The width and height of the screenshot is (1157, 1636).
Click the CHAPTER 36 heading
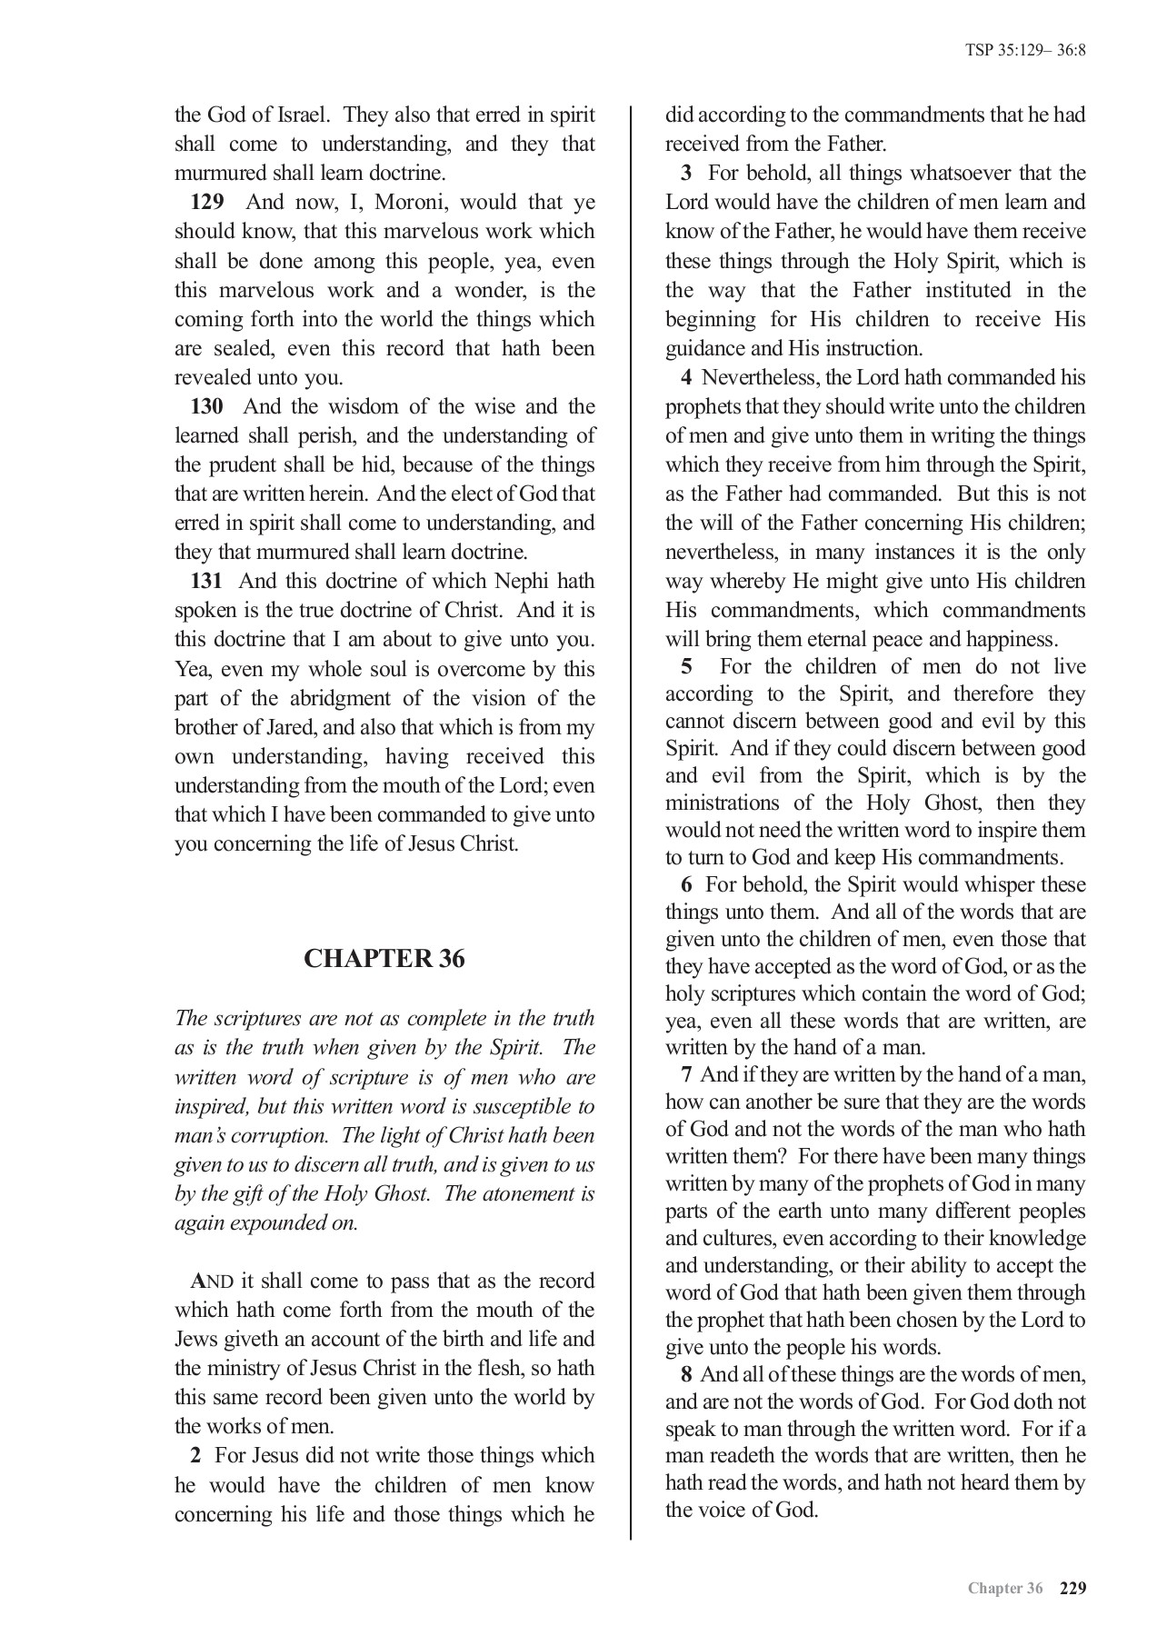tap(384, 959)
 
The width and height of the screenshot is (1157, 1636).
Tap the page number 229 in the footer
tap(1072, 1588)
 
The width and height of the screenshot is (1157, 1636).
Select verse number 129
tap(206, 203)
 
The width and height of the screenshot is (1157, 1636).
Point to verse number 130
tap(206, 406)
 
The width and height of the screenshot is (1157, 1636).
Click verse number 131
tap(206, 581)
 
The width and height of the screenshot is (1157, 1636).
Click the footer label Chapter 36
tap(1004, 1589)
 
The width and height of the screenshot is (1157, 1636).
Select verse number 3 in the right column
tap(687, 174)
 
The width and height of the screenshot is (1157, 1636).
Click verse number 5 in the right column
tap(687, 666)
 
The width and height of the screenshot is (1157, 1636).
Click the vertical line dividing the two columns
tap(631, 818)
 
